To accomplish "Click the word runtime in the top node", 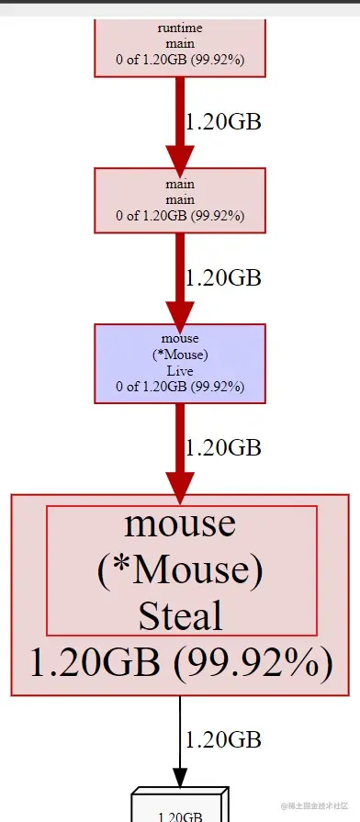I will point(180,28).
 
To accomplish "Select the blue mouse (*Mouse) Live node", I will point(180,363).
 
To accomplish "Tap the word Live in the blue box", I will point(180,371).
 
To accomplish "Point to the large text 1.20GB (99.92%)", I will point(180,662).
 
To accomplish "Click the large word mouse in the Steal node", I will point(180,524).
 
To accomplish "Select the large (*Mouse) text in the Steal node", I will point(180,569).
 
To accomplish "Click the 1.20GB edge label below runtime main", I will point(223,122).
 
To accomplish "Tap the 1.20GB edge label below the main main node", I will point(223,277).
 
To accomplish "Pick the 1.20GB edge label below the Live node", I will point(223,447).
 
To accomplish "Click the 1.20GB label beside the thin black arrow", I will point(223,738).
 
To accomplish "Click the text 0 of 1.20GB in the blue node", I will point(180,387).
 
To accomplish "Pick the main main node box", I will point(180,200).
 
